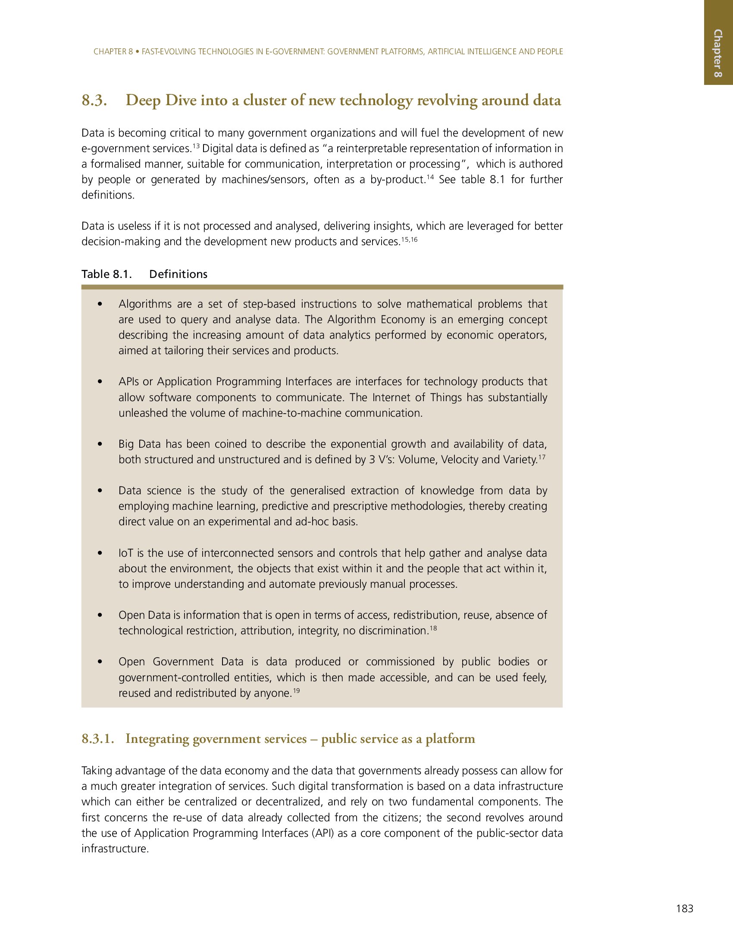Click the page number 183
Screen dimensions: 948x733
click(x=684, y=908)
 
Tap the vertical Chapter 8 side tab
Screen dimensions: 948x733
click(x=718, y=53)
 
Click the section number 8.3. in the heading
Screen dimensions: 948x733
click(x=94, y=100)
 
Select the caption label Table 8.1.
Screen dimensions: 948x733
click(x=107, y=274)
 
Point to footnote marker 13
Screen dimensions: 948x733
click(x=195, y=145)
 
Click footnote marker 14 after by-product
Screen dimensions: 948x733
click(x=430, y=177)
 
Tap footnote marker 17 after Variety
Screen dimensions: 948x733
click(x=542, y=456)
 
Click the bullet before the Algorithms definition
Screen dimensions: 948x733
click(x=100, y=304)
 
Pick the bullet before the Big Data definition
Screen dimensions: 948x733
click(x=100, y=444)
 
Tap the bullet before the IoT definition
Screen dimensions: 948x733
click(x=100, y=553)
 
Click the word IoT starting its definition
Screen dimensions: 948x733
click(x=126, y=553)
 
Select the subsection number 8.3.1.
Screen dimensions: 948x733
click(x=98, y=738)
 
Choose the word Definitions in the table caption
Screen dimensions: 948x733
click(x=178, y=274)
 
